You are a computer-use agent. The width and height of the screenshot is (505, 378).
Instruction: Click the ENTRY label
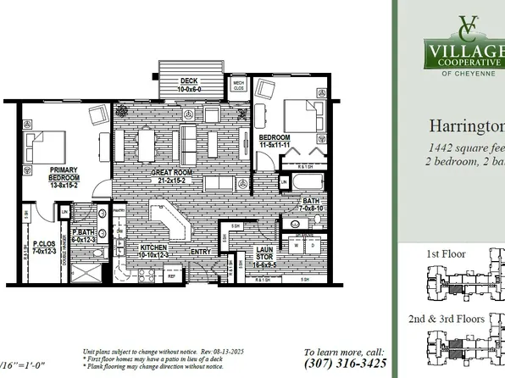tap(202, 252)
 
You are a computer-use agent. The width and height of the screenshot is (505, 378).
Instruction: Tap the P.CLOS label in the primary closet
tap(44, 242)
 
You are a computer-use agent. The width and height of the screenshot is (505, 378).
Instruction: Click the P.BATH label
tap(83, 232)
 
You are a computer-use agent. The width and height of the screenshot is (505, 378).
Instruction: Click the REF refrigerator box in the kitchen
tap(171, 276)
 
